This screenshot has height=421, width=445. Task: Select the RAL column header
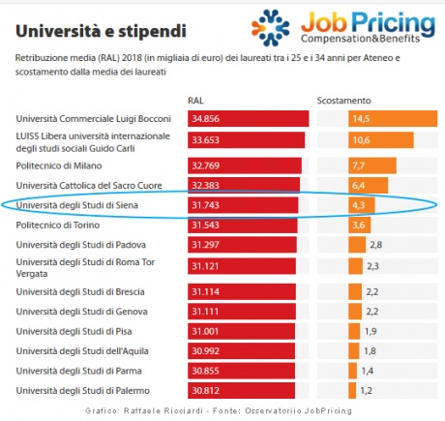click(x=195, y=100)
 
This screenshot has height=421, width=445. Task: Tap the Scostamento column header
click(x=343, y=100)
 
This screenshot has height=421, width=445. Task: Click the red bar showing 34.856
click(x=249, y=118)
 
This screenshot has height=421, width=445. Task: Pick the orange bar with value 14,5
click(x=382, y=118)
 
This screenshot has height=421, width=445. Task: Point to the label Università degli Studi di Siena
click(x=79, y=205)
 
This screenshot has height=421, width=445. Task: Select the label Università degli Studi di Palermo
click(x=85, y=390)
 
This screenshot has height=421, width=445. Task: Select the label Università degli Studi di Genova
click(x=82, y=311)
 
